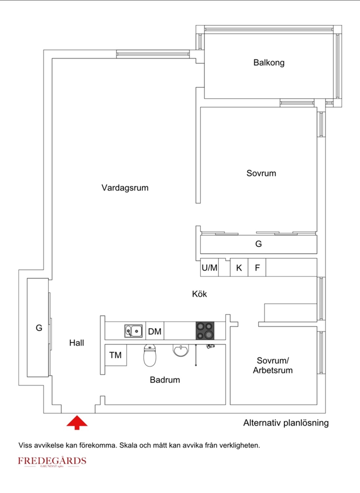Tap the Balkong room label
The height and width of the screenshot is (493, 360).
(x=269, y=62)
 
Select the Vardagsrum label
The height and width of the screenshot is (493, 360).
(x=125, y=188)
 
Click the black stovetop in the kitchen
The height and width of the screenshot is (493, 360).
(x=205, y=331)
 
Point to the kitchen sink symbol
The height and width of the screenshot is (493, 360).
(x=133, y=331)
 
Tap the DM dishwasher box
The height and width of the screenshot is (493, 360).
(x=155, y=331)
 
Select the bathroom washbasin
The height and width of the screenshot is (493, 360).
(x=181, y=350)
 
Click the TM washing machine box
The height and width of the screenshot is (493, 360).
(x=116, y=355)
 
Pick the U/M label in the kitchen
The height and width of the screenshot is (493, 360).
(x=209, y=268)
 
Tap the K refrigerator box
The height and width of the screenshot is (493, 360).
(x=239, y=268)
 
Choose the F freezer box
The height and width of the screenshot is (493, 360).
(x=257, y=268)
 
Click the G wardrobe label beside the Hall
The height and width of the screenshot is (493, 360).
(x=39, y=328)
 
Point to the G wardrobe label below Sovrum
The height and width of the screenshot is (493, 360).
(x=258, y=244)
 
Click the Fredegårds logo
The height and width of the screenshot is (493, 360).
(x=52, y=461)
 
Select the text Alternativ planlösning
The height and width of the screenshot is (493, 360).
(x=286, y=423)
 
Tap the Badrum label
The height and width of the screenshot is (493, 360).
(x=165, y=380)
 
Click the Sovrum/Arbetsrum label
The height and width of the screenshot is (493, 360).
(x=273, y=365)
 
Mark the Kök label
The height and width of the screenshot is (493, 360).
(x=199, y=294)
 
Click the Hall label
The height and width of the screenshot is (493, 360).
(x=77, y=343)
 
